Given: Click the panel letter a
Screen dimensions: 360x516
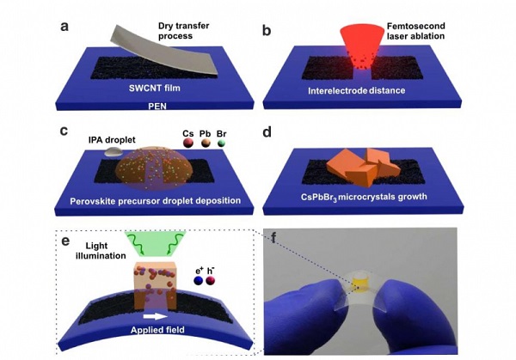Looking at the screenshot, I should (63, 24).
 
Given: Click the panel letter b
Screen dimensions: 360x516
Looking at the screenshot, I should (267, 31).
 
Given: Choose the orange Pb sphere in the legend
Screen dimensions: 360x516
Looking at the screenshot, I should (193, 146).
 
